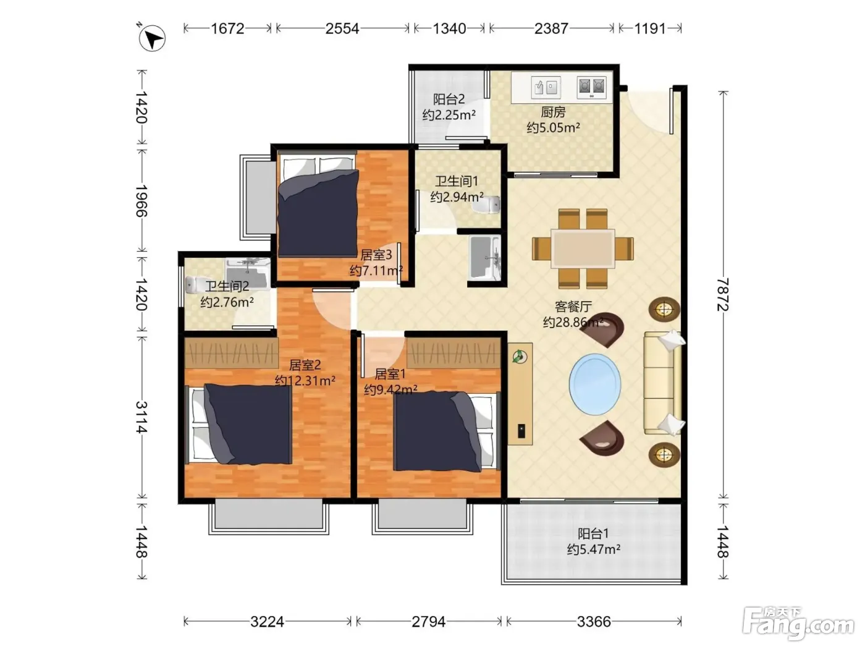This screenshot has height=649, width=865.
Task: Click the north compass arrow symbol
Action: pyautogui.click(x=152, y=38)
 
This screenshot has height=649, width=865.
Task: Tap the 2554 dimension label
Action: pyautogui.click(x=342, y=28)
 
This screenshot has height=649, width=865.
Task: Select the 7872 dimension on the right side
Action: pyautogui.click(x=722, y=294)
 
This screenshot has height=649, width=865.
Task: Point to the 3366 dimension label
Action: pyautogui.click(x=594, y=622)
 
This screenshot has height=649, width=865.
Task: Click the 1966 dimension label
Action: pyautogui.click(x=141, y=200)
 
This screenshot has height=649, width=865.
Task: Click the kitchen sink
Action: pyautogui.click(x=546, y=87)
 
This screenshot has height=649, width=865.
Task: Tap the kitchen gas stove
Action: pyautogui.click(x=591, y=87)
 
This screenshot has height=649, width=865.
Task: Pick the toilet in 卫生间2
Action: pyautogui.click(x=195, y=284)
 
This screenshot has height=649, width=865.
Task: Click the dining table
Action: pyautogui.click(x=583, y=248)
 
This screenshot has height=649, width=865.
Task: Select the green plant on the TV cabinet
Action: pyautogui.click(x=520, y=357)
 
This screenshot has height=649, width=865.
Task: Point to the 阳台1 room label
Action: pyautogui.click(x=593, y=533)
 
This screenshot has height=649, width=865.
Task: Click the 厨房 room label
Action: pyautogui.click(x=553, y=112)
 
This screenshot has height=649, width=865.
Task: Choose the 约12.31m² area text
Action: pyautogui.click(x=305, y=381)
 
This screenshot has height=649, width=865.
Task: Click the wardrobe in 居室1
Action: pyautogui.click(x=454, y=354)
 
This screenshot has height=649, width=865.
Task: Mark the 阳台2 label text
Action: pyautogui.click(x=449, y=98)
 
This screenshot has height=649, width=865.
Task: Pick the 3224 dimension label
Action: pyautogui.click(x=267, y=622)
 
